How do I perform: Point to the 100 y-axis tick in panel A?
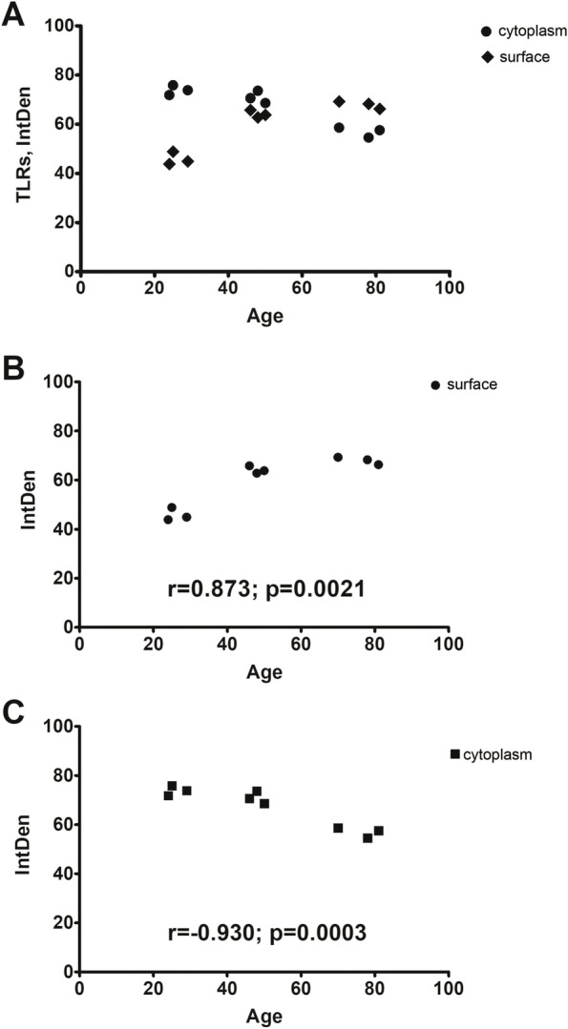61,26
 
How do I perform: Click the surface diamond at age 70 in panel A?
339,101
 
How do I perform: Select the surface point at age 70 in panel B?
338,457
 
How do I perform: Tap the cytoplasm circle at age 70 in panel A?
339,127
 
